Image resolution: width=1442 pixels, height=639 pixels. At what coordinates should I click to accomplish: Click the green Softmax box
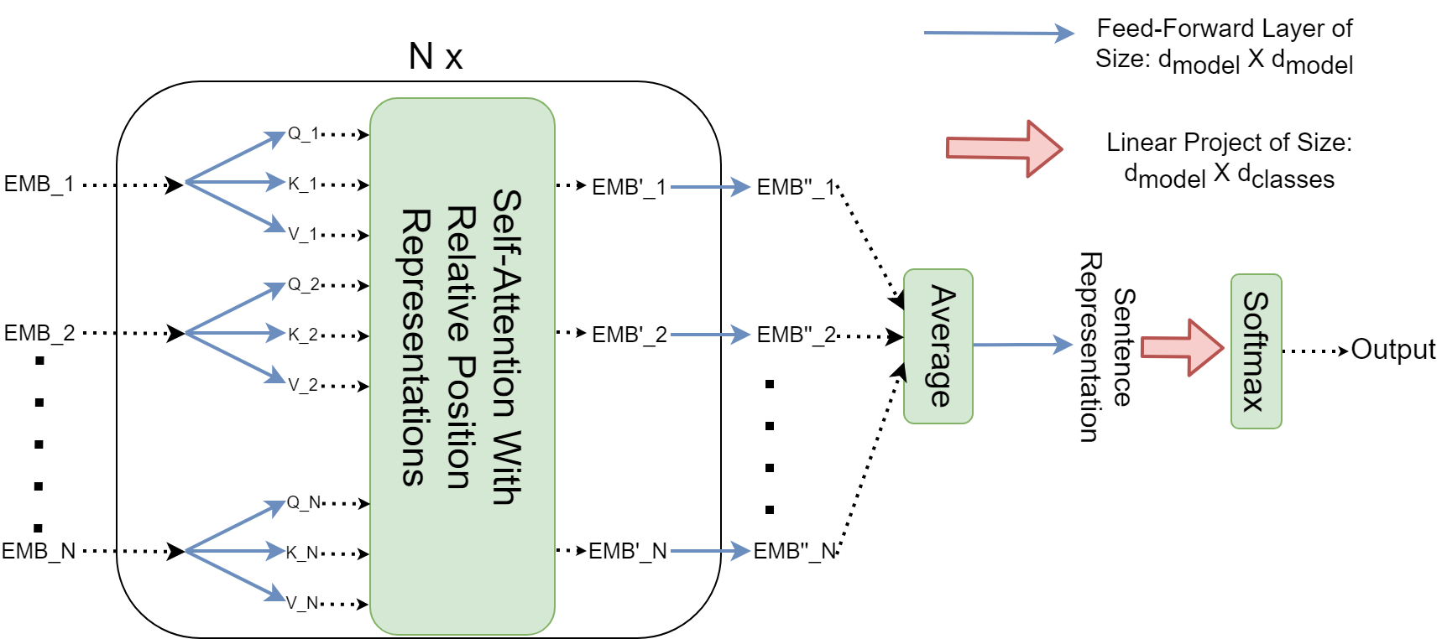(1256, 351)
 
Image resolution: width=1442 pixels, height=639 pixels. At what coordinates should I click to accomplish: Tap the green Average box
(938, 346)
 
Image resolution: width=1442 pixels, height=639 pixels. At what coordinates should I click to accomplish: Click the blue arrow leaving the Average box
(1024, 345)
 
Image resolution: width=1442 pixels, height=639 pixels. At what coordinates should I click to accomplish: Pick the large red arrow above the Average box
(1004, 148)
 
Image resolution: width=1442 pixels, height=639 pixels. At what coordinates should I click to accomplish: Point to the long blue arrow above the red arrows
(999, 34)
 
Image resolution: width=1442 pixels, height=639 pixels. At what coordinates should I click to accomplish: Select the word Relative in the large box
(461, 274)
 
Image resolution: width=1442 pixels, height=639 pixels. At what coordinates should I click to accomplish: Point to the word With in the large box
(506, 468)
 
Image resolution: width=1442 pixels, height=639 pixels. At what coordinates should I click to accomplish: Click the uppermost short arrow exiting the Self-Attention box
(710, 187)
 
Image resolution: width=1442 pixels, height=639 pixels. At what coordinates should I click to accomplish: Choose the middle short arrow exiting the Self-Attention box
(710, 335)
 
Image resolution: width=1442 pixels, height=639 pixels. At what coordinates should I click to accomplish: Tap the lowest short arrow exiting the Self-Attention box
(710, 551)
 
